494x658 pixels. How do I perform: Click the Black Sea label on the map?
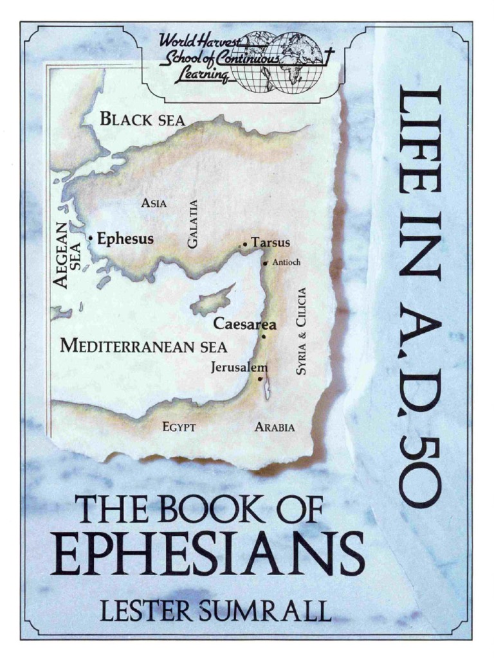[x=142, y=120]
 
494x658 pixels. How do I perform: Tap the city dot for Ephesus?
[x=91, y=238]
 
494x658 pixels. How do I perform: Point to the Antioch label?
[x=286, y=262]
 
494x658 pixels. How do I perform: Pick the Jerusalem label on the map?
[x=239, y=368]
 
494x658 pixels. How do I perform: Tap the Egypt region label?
[x=179, y=427]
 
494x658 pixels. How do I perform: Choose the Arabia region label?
[x=275, y=427]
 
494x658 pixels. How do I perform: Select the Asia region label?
[x=154, y=204]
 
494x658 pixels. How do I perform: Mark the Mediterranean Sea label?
[x=143, y=346]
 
